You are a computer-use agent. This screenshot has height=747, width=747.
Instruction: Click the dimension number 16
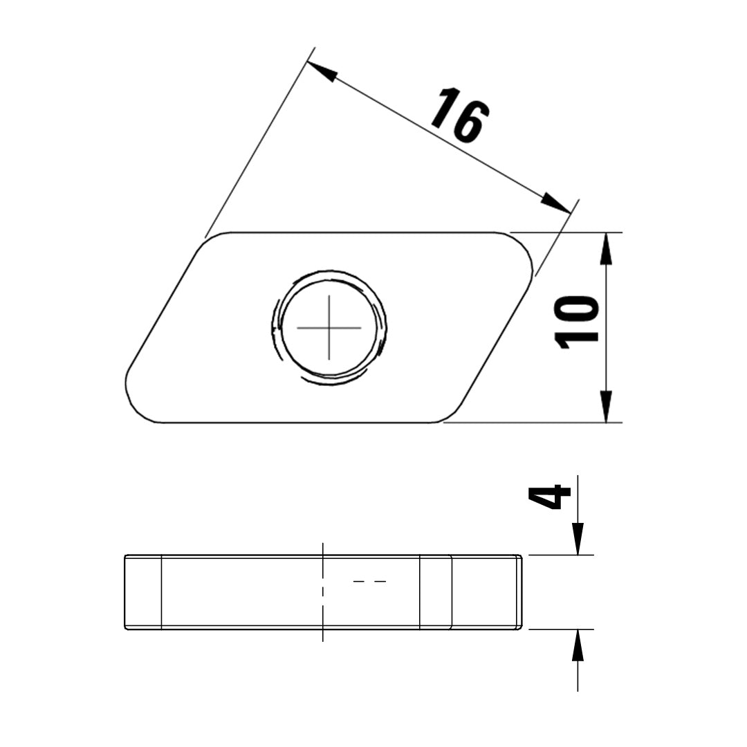[x=460, y=116]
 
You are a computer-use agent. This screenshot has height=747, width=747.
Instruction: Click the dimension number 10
[x=578, y=322]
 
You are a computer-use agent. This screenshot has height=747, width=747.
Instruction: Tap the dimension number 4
[x=550, y=497]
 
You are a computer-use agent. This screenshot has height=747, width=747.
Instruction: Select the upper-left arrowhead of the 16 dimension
[x=321, y=71]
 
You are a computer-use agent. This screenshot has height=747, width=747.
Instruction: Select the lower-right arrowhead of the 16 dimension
[x=557, y=203]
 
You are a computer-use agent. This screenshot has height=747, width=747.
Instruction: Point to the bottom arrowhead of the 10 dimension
[x=606, y=407]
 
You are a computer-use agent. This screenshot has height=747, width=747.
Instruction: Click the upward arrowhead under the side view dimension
[x=578, y=646]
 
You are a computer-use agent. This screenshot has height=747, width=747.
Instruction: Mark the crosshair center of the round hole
[x=329, y=327]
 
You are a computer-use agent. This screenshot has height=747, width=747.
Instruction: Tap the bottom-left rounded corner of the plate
[x=136, y=405]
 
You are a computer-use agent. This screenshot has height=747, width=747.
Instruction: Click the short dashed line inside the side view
[x=369, y=582]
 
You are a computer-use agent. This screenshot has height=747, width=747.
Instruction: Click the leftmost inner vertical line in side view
[x=161, y=592]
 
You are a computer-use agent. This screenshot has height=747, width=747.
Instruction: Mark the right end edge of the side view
[x=522, y=592]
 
